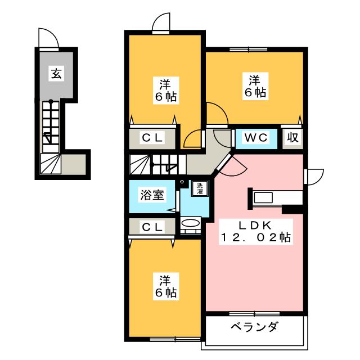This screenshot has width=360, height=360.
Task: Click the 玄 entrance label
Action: click(x=56, y=73)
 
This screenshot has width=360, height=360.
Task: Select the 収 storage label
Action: click(x=293, y=138)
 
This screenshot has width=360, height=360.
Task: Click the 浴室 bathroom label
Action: click(x=152, y=196)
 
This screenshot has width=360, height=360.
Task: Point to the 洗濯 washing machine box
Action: click(x=200, y=188)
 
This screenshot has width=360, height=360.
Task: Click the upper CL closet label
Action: click(x=152, y=138)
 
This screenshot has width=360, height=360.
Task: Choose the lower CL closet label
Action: click(x=152, y=227)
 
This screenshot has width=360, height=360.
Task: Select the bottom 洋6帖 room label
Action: click(x=165, y=286)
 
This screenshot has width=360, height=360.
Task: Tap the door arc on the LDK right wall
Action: click(x=313, y=175)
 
